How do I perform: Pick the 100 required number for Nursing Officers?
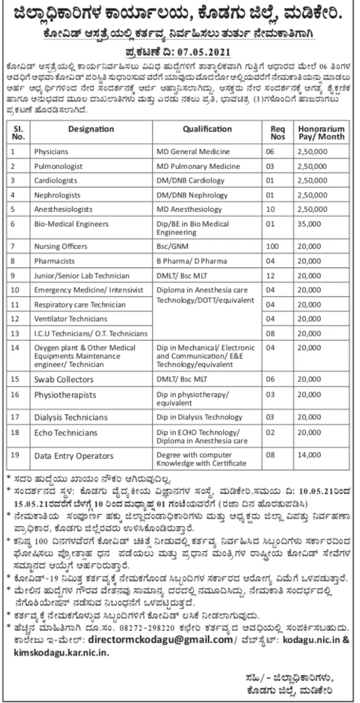pos(273,246)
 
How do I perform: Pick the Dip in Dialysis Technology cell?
pos(199,417)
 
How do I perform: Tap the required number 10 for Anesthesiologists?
pos(273,209)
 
